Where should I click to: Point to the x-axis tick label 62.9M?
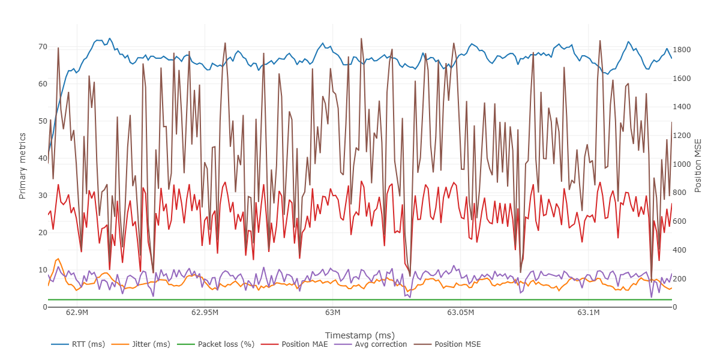pos(77,313)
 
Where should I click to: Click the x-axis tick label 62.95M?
pos(205,313)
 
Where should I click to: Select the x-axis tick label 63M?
pos(332,313)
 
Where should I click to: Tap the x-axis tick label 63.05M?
pos(460,313)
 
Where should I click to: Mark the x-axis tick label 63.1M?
pos(588,313)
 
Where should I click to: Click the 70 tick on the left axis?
pos(43,47)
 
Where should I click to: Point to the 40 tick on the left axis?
pos(43,158)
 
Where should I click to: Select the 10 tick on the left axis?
pos(43,270)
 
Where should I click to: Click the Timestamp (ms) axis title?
pos(359,335)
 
